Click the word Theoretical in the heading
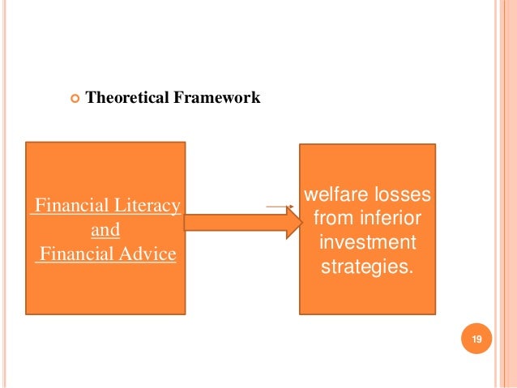point(124,99)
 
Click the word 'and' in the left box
point(105,230)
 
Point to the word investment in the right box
point(367,242)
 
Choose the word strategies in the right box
point(366,266)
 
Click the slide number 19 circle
point(476,340)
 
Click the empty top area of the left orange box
point(105,166)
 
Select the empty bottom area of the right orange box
point(367,296)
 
